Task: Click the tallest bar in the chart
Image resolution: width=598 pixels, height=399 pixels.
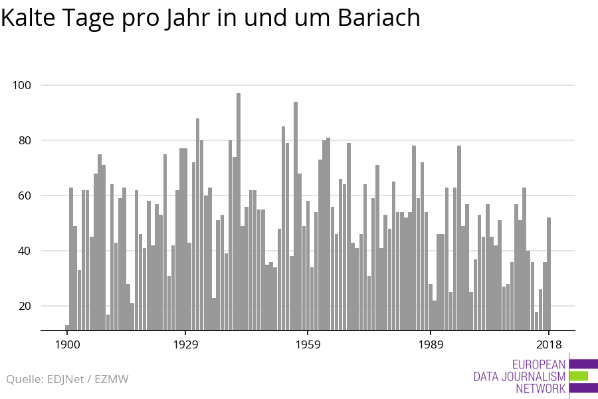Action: [x=239, y=211]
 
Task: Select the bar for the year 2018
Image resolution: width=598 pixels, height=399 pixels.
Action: [x=549, y=274]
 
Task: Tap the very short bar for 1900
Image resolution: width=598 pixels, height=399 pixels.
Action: [x=67, y=328]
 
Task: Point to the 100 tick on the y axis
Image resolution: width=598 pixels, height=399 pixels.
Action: [x=22, y=85]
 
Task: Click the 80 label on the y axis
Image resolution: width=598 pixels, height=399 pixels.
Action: [x=25, y=140]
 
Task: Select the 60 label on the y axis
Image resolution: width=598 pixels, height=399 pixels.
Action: [x=25, y=196]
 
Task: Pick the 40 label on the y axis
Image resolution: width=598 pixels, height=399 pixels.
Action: [x=25, y=251]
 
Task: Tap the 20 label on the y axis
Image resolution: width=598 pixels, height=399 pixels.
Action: [x=25, y=306]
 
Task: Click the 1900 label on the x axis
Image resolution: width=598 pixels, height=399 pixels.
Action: [x=68, y=344]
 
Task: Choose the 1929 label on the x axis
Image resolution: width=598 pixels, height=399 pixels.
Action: [x=186, y=344]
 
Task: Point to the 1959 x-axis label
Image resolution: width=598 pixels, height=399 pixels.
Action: [x=308, y=344]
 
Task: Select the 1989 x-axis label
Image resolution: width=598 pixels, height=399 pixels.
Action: [x=431, y=344]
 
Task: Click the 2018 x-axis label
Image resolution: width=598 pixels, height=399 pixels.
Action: [x=549, y=344]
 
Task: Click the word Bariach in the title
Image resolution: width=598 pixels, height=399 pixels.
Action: [x=379, y=17]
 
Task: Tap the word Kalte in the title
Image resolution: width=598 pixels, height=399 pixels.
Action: [x=28, y=17]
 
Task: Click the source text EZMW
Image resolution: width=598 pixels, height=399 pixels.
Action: [x=112, y=379]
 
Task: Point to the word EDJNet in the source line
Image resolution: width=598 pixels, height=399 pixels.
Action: [x=65, y=379]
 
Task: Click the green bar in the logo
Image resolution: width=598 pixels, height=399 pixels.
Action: [x=579, y=376]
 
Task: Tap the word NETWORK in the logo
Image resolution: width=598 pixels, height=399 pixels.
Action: [x=540, y=388]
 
